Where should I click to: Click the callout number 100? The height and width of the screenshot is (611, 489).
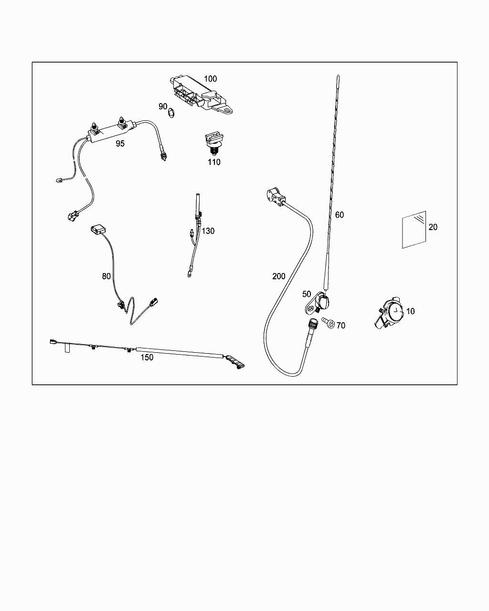pyautogui.click(x=210, y=79)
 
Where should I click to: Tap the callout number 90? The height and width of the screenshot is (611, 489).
pyautogui.click(x=163, y=106)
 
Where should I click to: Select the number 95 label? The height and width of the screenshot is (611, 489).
pyautogui.click(x=120, y=144)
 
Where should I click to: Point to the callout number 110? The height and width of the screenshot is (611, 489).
pyautogui.click(x=214, y=162)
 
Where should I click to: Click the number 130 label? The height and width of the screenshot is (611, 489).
pyautogui.click(x=208, y=231)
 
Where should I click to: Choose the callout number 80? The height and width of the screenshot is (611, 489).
pyautogui.click(x=106, y=276)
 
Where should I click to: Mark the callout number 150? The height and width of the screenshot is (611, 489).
pyautogui.click(x=147, y=358)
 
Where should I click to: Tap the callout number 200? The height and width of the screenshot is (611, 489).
pyautogui.click(x=279, y=276)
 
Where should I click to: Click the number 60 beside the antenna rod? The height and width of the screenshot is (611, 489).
pyautogui.click(x=340, y=215)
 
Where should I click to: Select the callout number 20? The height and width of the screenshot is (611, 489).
pyautogui.click(x=433, y=227)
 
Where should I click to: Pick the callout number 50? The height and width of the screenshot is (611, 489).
pyautogui.click(x=307, y=294)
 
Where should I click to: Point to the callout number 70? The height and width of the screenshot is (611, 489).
pyautogui.click(x=341, y=326)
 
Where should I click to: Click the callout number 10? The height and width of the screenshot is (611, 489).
pyautogui.click(x=411, y=311)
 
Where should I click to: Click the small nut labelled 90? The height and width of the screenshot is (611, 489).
pyautogui.click(x=171, y=113)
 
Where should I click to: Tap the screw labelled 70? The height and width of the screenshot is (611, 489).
pyautogui.click(x=328, y=323)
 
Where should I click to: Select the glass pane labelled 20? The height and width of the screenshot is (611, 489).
pyautogui.click(x=414, y=230)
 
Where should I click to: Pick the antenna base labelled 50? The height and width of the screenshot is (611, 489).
pyautogui.click(x=317, y=303)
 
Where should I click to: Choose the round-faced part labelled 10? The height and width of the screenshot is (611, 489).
pyautogui.click(x=389, y=313)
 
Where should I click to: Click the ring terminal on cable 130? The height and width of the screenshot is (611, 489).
pyautogui.click(x=189, y=274)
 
